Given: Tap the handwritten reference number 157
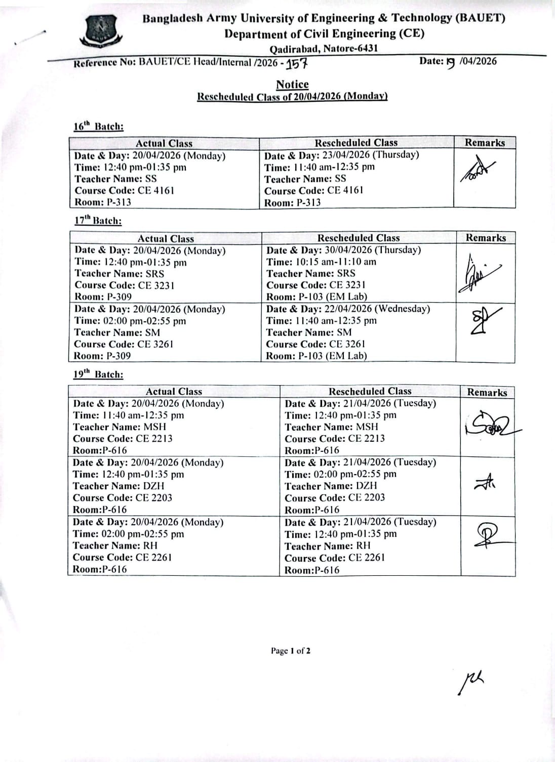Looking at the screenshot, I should point(297,64).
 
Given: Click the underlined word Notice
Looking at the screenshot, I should point(292,84).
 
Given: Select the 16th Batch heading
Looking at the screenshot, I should point(98,126).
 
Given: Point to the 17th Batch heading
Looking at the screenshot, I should point(98,221).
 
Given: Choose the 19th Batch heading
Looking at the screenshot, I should point(98,374).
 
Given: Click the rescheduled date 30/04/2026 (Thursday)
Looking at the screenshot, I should point(344,250).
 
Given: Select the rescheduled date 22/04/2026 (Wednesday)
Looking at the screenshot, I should point(348,309).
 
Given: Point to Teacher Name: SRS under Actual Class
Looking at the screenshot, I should point(120,273).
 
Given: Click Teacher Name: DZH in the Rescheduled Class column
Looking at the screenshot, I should point(331,486).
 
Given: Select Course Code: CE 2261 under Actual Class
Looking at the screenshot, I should point(122,557).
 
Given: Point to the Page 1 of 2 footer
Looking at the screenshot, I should point(291,651).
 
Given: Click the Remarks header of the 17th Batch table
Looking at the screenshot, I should point(486,238).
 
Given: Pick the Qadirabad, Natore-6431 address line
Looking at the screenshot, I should point(324,49).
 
